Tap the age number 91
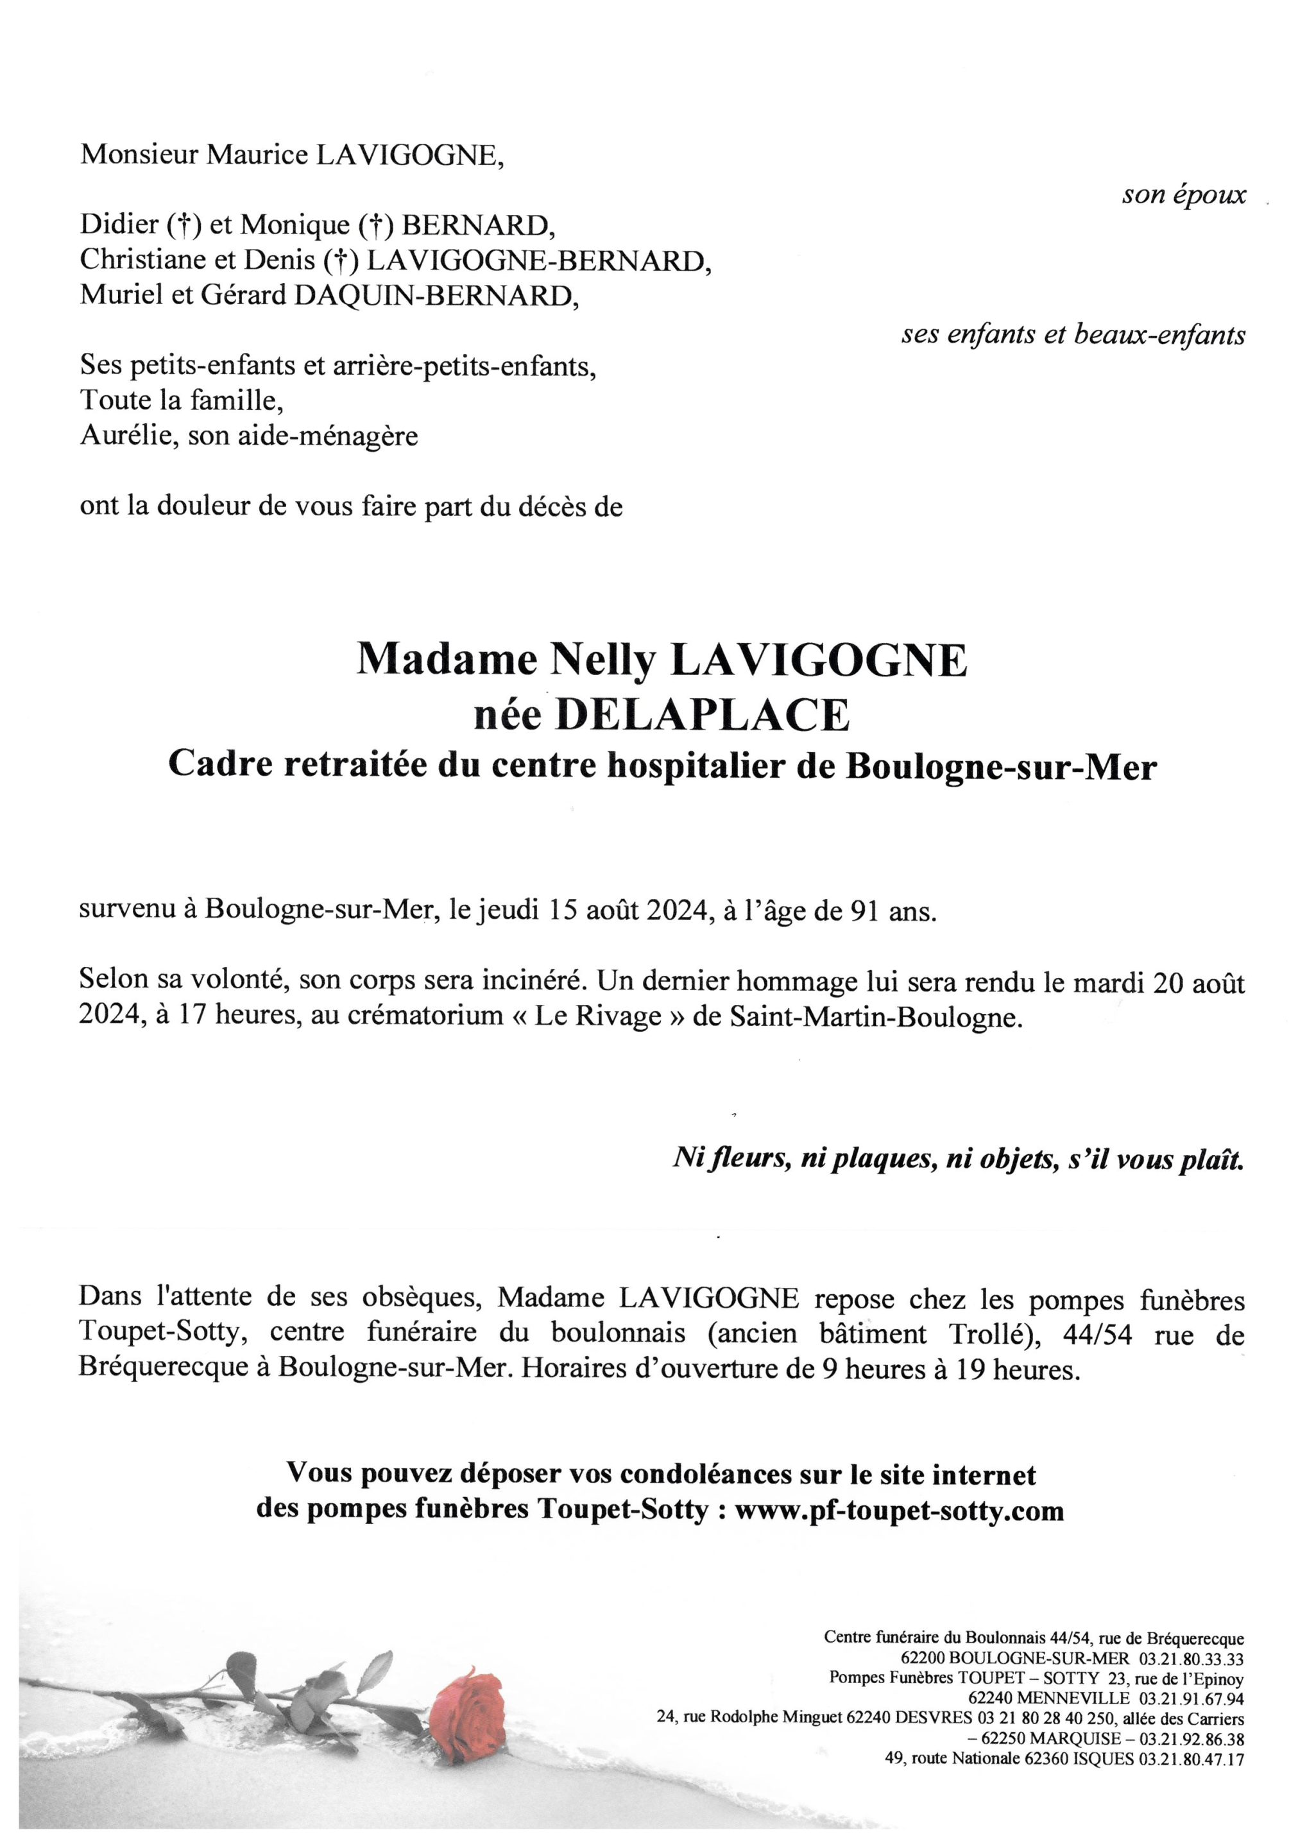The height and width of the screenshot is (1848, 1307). (861, 911)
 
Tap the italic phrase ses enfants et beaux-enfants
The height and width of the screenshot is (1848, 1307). (1073, 334)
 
